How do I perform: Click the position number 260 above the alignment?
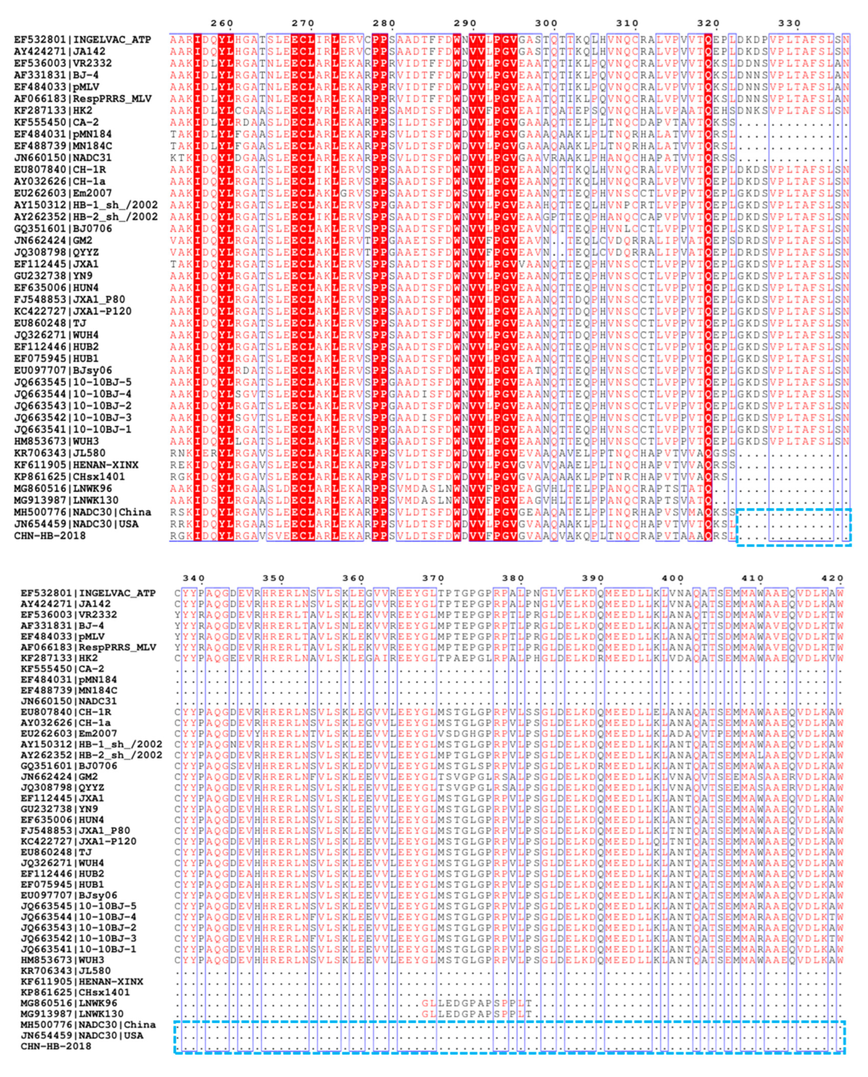pos(221,23)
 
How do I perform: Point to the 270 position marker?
pos(303,23)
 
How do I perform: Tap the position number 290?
pos(465,23)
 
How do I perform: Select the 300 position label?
pos(546,23)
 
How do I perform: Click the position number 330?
pos(789,23)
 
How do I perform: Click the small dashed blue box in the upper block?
pos(794,527)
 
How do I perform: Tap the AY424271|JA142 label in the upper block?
pos(59,52)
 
